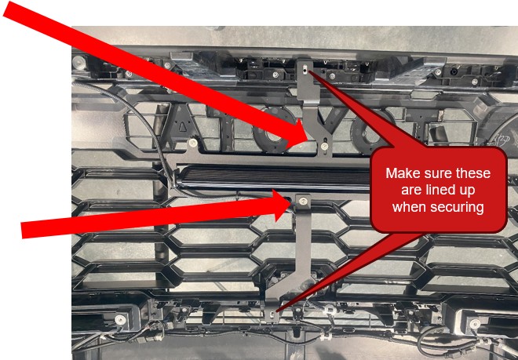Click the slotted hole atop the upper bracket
pyautogui.click(x=305, y=68)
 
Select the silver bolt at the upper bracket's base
pyautogui.click(x=324, y=144)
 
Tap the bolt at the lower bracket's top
pyautogui.click(x=303, y=201)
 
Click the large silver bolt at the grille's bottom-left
pyautogui.click(x=120, y=319)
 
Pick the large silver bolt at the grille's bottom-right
pyautogui.click(x=475, y=324)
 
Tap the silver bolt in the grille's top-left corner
pyautogui.click(x=79, y=61)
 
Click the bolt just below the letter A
pyautogui.click(x=192, y=143)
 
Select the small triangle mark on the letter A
pyautogui.click(x=183, y=125)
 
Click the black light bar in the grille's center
pyautogui.click(x=275, y=177)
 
